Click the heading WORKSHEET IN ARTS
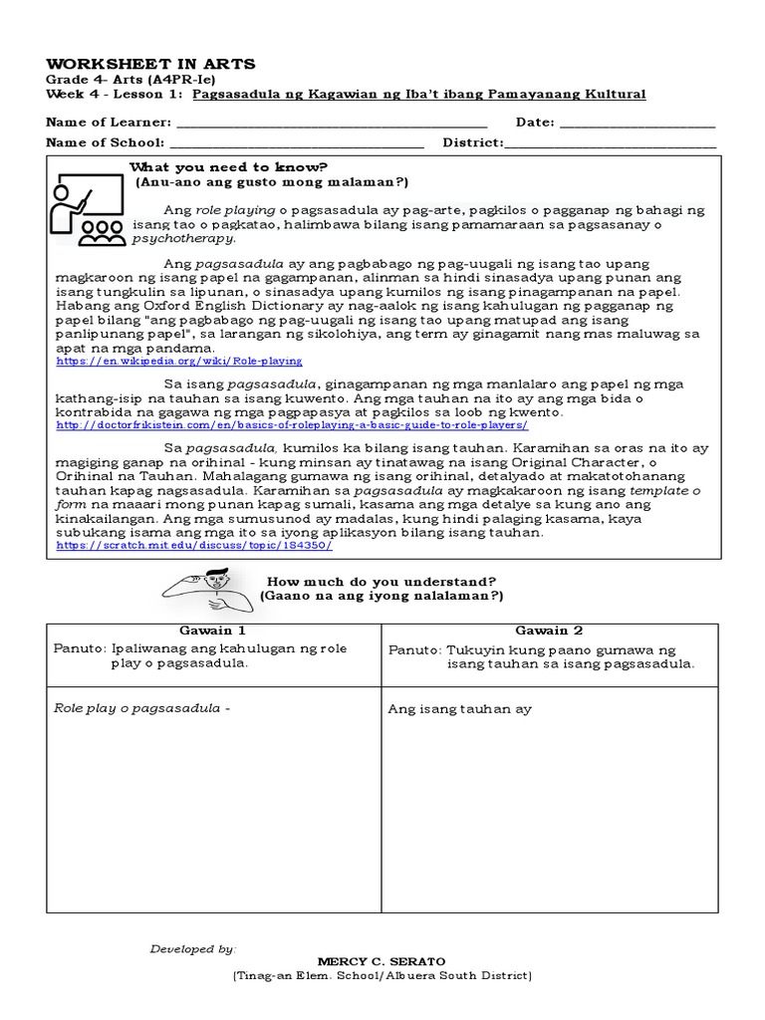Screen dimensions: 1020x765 click(150, 64)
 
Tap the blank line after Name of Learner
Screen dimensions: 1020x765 click(331, 124)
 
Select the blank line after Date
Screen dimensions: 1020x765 click(637, 124)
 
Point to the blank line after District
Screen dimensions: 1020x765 click(611, 143)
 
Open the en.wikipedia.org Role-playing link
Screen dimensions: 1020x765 click(179, 362)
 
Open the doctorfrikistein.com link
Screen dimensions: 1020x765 click(292, 424)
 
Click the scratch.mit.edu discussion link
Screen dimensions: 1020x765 click(194, 546)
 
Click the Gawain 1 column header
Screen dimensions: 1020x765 click(212, 631)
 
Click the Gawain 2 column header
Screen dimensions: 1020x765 click(549, 631)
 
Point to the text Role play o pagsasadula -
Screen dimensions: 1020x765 click(141, 708)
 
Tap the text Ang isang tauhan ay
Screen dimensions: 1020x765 click(459, 709)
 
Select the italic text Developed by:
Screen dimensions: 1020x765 click(193, 949)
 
